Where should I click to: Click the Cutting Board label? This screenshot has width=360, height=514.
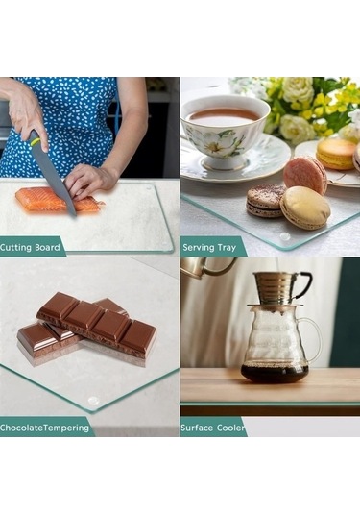tap(30, 247)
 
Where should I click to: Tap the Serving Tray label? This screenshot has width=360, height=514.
tap(209, 247)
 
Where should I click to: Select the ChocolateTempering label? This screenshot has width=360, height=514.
tap(44, 428)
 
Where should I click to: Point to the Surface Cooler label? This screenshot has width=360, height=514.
tap(212, 428)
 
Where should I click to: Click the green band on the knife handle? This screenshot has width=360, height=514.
tap(36, 141)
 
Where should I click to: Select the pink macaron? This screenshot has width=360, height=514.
tap(304, 176)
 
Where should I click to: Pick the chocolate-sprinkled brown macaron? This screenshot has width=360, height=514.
tap(265, 201)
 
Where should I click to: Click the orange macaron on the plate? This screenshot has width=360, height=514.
tap(335, 154)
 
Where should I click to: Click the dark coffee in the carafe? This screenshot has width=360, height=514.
tap(275, 373)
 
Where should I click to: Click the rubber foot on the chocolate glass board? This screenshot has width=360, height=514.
tap(93, 401)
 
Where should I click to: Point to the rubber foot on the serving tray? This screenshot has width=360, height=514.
tap(284, 235)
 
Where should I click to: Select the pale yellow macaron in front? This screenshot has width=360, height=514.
tap(305, 208)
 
